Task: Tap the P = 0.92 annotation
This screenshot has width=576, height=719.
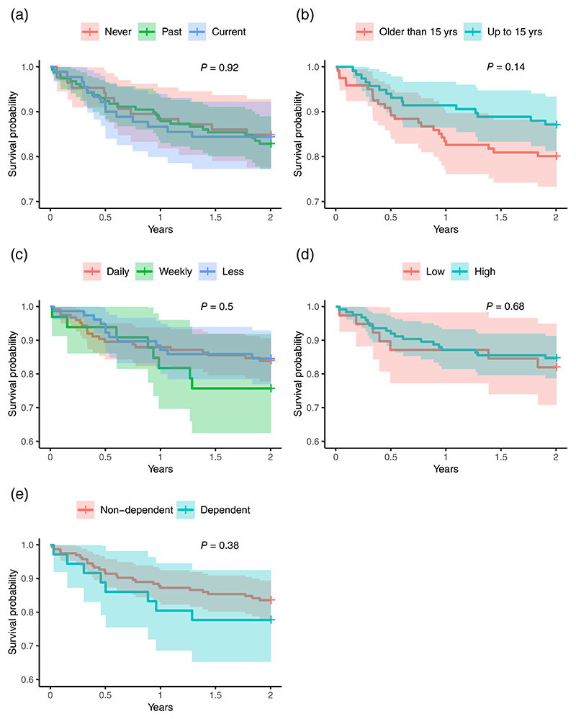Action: tap(219, 68)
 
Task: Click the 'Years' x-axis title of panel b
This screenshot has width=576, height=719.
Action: tap(445, 230)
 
